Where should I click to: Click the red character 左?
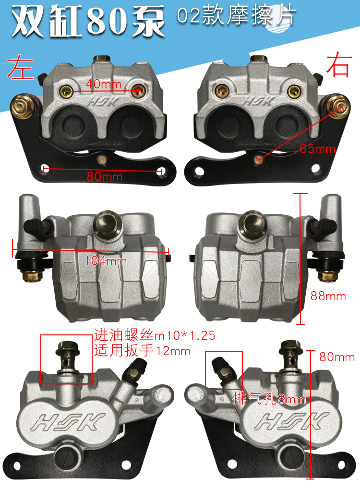coord(20,66)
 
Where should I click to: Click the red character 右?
coord(338,66)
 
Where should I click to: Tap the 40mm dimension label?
coord(104,84)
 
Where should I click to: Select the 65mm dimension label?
coord(317,148)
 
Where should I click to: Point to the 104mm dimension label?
coord(106,260)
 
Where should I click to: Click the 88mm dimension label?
coord(328,296)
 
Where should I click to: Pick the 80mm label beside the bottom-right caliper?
coord(337,357)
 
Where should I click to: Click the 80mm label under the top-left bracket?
coord(105,176)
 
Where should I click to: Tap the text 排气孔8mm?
coord(269,399)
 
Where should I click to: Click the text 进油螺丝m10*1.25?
coord(155,335)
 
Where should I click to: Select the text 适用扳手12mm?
coord(143,350)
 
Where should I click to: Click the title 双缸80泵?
coord(88,22)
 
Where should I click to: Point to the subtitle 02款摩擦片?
coord(236,16)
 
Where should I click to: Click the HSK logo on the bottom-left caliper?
coord(68,422)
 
